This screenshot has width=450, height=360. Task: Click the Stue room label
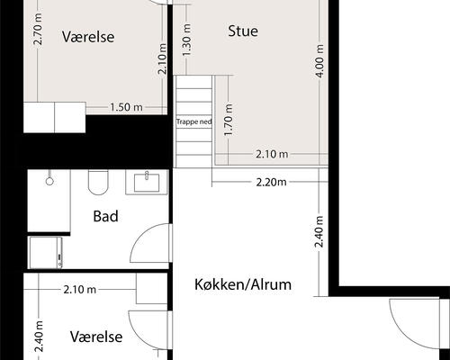point(243,31)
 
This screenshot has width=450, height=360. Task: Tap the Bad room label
point(105,216)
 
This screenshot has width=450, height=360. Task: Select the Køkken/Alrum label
point(243,284)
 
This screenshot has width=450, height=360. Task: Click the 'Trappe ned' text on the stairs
point(193,121)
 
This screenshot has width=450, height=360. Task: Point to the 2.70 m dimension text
point(39,29)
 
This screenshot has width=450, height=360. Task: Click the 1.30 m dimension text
point(186,40)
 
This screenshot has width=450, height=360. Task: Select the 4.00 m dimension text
point(319,61)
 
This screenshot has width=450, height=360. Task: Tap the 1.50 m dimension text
point(126,107)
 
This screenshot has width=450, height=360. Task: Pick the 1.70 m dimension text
point(229,120)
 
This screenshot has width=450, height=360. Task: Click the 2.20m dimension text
point(271,182)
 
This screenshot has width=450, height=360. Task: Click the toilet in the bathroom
point(98,183)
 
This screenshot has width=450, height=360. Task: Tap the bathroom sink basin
point(147,183)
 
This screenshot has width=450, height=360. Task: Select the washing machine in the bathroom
point(45,253)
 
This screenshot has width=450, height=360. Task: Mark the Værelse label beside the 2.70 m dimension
point(88,37)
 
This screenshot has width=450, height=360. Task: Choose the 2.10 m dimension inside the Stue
point(272,154)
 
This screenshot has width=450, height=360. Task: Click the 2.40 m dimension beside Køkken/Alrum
point(319,231)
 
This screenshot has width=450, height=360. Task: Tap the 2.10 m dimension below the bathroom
point(80,290)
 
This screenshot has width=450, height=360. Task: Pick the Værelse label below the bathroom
point(96,337)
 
